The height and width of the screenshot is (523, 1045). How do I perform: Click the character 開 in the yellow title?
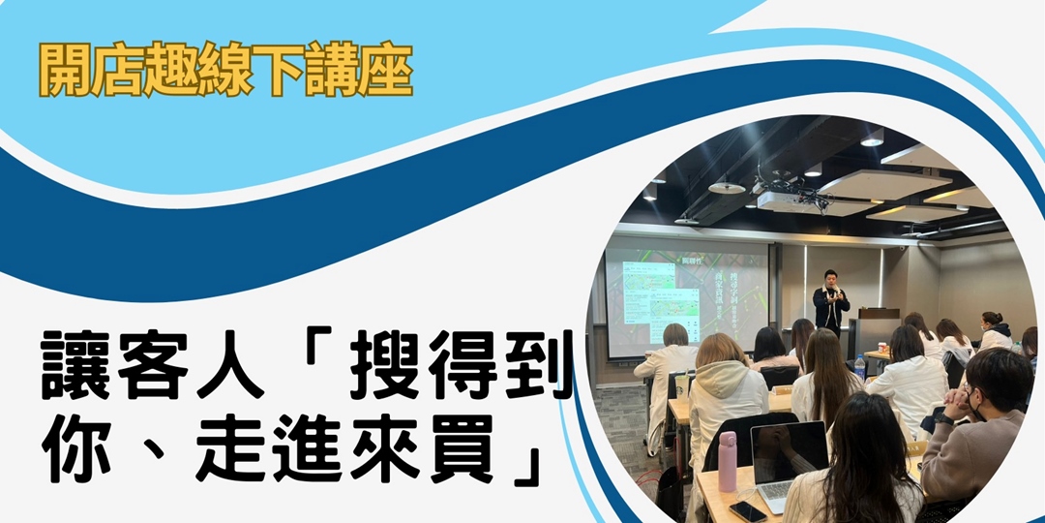pos(66,69)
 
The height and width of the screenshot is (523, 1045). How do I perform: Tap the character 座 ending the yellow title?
pos(388,69)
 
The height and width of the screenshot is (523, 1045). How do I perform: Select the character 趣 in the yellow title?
pos(173,69)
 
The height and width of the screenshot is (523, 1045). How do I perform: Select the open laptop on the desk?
pos(790,462)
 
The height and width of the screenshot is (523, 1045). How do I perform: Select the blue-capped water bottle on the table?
pos(859,365)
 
